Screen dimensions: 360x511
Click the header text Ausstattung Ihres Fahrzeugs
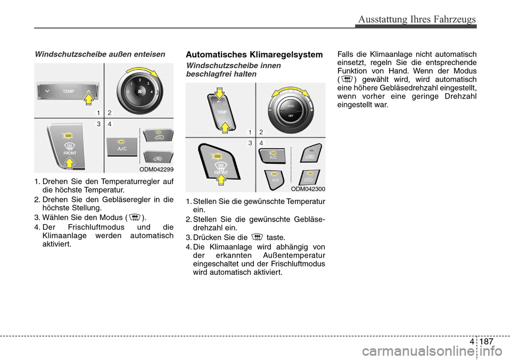pos(417,19)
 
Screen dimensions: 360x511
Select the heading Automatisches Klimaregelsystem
pos(254,54)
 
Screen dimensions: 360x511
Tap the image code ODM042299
pos(157,169)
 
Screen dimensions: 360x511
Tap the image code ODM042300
pos(308,189)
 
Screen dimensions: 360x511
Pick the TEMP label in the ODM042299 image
pos(68,92)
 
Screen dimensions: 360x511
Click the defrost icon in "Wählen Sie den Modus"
pos(135,217)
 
